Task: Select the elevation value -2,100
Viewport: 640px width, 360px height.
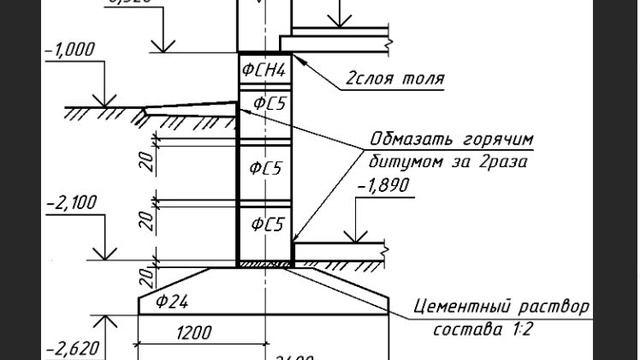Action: pyautogui.click(x=71, y=202)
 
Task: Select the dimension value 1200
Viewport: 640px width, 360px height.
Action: pyautogui.click(x=198, y=332)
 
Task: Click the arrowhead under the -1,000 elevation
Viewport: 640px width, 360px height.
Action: pyautogui.click(x=99, y=102)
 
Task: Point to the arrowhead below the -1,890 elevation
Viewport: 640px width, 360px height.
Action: pyautogui.click(x=357, y=240)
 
